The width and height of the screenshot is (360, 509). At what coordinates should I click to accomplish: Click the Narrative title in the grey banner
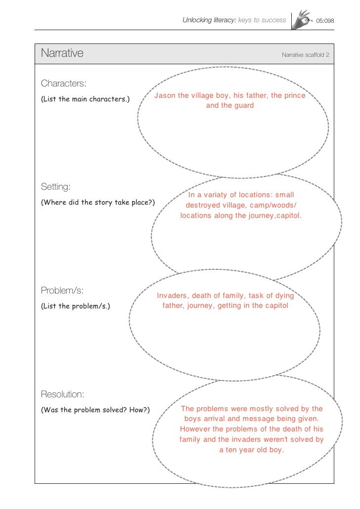[x=62, y=53]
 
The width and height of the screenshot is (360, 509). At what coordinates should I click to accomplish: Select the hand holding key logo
[x=302, y=20]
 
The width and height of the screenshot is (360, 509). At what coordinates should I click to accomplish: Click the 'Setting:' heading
[x=56, y=187]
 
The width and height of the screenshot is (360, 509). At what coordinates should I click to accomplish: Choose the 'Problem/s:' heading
[x=62, y=290]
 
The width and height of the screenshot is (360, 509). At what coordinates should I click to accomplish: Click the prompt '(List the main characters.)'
[x=85, y=99]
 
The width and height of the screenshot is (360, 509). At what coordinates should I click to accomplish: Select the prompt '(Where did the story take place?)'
[x=98, y=203]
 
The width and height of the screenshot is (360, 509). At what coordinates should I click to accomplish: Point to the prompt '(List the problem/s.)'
[x=76, y=306]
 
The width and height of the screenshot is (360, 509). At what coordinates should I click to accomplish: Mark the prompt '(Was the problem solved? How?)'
[x=95, y=410]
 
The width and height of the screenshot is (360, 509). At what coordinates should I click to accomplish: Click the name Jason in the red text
[x=165, y=95]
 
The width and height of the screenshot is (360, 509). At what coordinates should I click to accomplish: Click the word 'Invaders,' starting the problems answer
[x=173, y=296]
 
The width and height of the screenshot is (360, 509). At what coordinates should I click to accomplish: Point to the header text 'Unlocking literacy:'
[x=209, y=20]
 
